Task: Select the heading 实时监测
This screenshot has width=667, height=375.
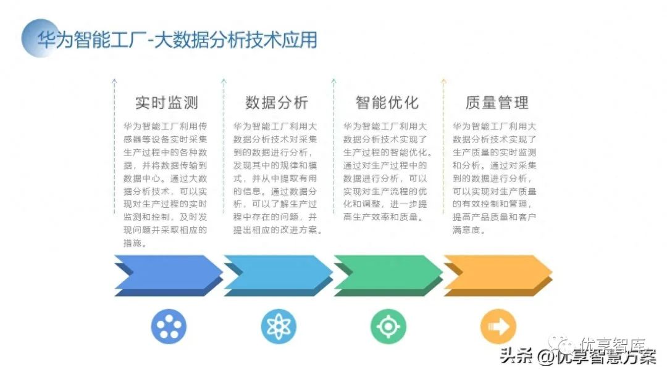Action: click(167, 102)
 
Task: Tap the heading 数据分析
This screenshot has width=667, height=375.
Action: click(277, 102)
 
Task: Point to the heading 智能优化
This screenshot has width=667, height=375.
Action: click(387, 102)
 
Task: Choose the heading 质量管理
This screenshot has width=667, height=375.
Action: click(497, 102)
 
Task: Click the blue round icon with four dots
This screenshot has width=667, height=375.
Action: click(169, 326)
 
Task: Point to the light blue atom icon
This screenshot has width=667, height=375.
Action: click(279, 326)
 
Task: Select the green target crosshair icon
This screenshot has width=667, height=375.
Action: click(388, 326)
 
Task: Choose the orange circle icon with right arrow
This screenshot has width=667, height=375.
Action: click(498, 326)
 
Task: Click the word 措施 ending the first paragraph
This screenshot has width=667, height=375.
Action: click(135, 243)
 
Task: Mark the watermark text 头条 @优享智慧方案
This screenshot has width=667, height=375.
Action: click(578, 356)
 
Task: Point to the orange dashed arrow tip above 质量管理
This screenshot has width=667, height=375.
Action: click(443, 81)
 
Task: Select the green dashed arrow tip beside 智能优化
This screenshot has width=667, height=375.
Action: click(333, 81)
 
